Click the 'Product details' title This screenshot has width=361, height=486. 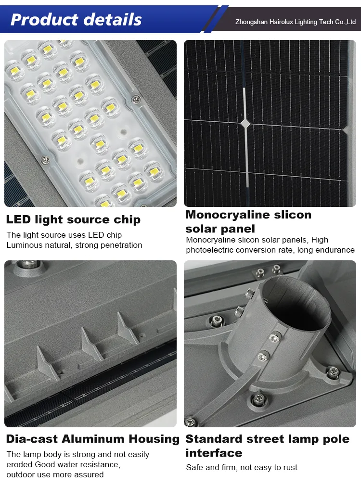click(76, 19)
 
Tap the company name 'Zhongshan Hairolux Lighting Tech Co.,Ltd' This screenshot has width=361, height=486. click(296, 22)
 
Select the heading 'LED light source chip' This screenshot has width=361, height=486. click(73, 220)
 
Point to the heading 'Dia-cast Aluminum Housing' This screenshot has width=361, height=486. click(92, 439)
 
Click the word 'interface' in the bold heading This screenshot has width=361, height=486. click(214, 453)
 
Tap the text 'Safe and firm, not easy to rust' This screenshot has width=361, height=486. click(242, 467)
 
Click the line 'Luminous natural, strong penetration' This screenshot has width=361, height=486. click(74, 245)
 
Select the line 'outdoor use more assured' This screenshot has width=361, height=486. click(55, 474)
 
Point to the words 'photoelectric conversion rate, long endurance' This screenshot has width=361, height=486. click(270, 250)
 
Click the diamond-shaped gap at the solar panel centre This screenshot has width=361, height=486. click(245, 124)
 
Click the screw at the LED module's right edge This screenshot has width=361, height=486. click(136, 100)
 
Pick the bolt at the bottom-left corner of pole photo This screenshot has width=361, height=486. click(191, 422)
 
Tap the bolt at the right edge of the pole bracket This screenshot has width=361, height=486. click(333, 371)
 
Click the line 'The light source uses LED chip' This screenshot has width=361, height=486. click(64, 235)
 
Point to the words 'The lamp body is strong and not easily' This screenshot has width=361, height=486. click(78, 454)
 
